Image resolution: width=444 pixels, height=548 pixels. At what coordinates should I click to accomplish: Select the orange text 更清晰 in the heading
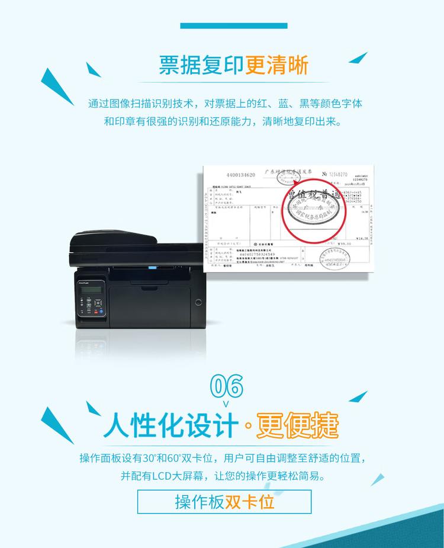click(277, 65)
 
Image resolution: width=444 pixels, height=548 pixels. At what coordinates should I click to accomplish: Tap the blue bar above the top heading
click(233, 26)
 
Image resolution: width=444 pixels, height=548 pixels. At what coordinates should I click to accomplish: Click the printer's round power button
click(198, 302)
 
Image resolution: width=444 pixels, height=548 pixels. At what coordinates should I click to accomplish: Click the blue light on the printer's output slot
click(152, 267)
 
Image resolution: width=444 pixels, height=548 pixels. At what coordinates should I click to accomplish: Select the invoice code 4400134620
click(241, 175)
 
